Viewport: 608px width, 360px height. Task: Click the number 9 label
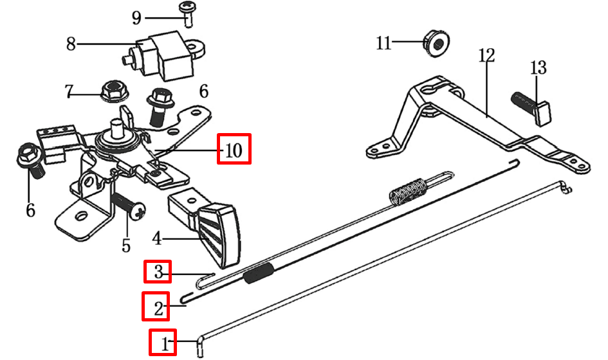coord(136,17)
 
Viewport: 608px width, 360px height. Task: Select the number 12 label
coord(486,55)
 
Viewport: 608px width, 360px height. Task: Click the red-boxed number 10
coord(234,150)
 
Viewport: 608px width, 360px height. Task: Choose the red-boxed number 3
coord(158,272)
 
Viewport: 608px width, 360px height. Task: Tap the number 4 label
coord(156,239)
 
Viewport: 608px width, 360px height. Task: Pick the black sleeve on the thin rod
coord(259,274)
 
